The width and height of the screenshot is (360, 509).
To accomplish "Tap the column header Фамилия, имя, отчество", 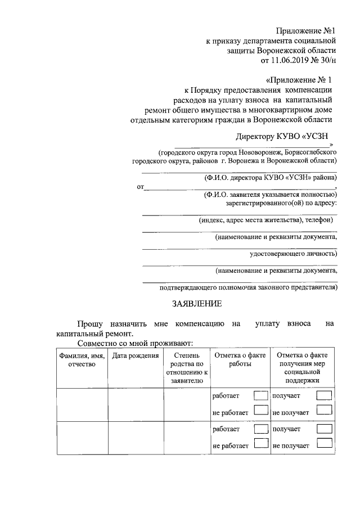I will coord(82,360).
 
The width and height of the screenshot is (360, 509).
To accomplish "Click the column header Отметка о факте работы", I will coord(240,360).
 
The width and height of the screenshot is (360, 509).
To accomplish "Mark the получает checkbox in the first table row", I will coord(324,397).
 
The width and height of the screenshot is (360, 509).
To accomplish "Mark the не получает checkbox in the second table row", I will coord(324,445).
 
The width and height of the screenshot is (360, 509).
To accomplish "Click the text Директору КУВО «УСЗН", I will coord(282,136).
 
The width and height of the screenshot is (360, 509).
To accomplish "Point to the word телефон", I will coord(319,220).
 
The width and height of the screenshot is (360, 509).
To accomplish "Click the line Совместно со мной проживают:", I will coord(136,343).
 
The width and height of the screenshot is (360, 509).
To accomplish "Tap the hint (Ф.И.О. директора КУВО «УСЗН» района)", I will coord(270,177).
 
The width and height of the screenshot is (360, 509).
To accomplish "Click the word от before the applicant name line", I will coord(140,187).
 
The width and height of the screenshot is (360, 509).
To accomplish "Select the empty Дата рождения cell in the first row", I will coord(135,404).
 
